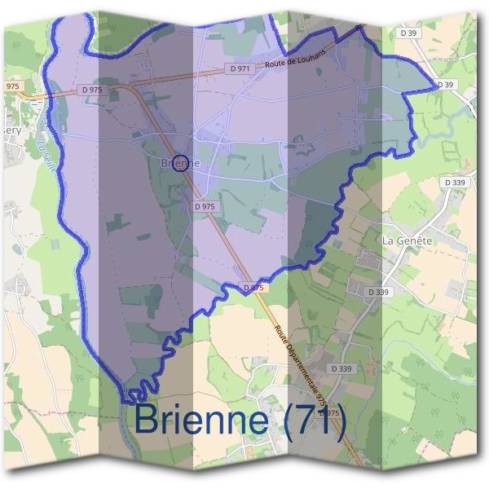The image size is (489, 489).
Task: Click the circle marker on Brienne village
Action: (x=182, y=162)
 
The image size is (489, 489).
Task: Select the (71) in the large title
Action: (x=315, y=420)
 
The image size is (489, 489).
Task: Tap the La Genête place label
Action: (x=407, y=241)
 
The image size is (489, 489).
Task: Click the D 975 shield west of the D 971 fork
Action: (x=91, y=90)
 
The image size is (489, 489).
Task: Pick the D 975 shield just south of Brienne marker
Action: (x=205, y=207)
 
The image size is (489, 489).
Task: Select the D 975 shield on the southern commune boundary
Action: (x=253, y=288)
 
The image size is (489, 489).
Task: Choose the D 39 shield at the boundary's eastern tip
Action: (x=444, y=84)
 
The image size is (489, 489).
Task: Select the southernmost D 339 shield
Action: (x=341, y=369)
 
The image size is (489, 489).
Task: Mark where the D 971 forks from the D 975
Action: (x=135, y=85)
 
